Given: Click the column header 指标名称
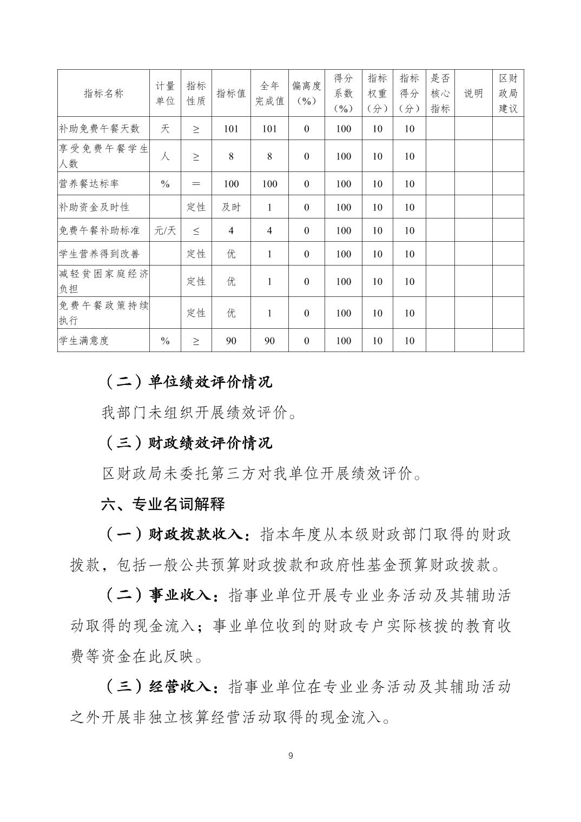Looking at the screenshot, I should click(x=103, y=94).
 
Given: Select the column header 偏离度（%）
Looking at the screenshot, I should click(x=306, y=94).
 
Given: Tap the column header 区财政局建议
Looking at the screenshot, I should click(x=508, y=94).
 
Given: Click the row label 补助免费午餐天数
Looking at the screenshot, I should click(x=99, y=129).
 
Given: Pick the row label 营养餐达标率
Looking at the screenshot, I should click(x=89, y=184).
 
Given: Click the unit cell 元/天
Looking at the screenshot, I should click(x=165, y=230).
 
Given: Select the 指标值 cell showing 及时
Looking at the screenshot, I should click(x=231, y=207).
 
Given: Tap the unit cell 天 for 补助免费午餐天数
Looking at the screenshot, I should click(x=165, y=129).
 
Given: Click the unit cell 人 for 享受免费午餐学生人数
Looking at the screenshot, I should click(x=165, y=156).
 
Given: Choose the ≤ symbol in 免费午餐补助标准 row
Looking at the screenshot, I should click(x=196, y=230).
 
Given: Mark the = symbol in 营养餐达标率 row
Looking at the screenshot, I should click(x=196, y=184).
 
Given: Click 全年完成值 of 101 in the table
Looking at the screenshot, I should click(x=269, y=129).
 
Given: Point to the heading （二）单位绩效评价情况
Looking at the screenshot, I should click(x=188, y=382).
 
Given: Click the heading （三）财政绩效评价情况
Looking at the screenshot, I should click(x=188, y=443).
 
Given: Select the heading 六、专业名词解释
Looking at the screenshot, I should click(x=163, y=505).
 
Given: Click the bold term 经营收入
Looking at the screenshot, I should click(x=179, y=687).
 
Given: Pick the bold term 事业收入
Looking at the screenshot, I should click(x=179, y=595).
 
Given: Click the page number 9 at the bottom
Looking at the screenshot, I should click(x=290, y=755).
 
